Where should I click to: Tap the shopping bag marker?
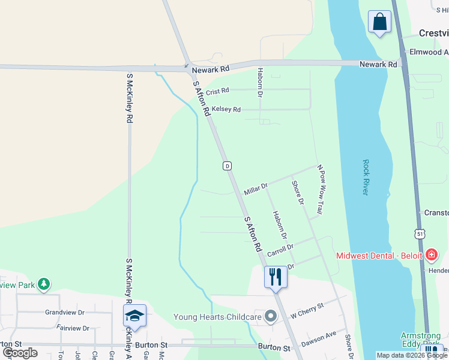coord(379,23)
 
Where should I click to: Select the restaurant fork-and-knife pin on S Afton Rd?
coord(276,277)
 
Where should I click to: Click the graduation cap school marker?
coord(134,316)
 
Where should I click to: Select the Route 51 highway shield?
coord(420,233)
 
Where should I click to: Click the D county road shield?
coord(227,166)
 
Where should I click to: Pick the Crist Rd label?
coord(217,92)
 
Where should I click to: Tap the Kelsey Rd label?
coord(226,110)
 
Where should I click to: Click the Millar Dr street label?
coord(256,190)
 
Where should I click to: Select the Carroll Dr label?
coord(280,250)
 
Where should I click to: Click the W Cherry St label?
coord(307,310)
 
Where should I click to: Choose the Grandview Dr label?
coord(65,313)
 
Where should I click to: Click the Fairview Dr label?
coord(73,328)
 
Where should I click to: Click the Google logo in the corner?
coord(20,352)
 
